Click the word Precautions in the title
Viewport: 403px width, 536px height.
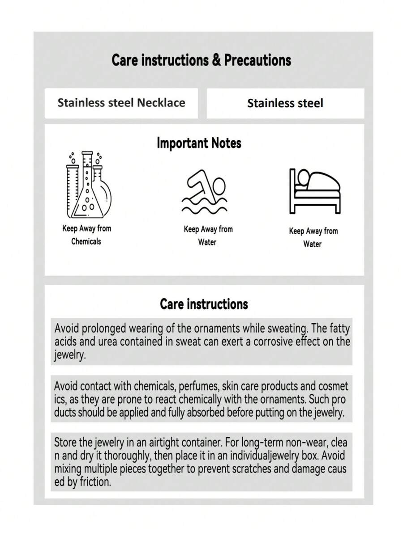click(257, 60)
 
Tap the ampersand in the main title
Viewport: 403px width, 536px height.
click(216, 60)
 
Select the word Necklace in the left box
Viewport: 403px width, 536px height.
click(161, 103)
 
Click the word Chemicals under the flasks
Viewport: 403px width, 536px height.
click(86, 241)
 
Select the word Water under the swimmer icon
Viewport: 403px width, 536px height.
click(207, 242)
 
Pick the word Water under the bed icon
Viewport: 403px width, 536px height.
click(312, 244)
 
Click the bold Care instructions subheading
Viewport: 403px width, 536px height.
click(204, 304)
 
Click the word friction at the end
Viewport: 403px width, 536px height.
click(94, 483)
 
